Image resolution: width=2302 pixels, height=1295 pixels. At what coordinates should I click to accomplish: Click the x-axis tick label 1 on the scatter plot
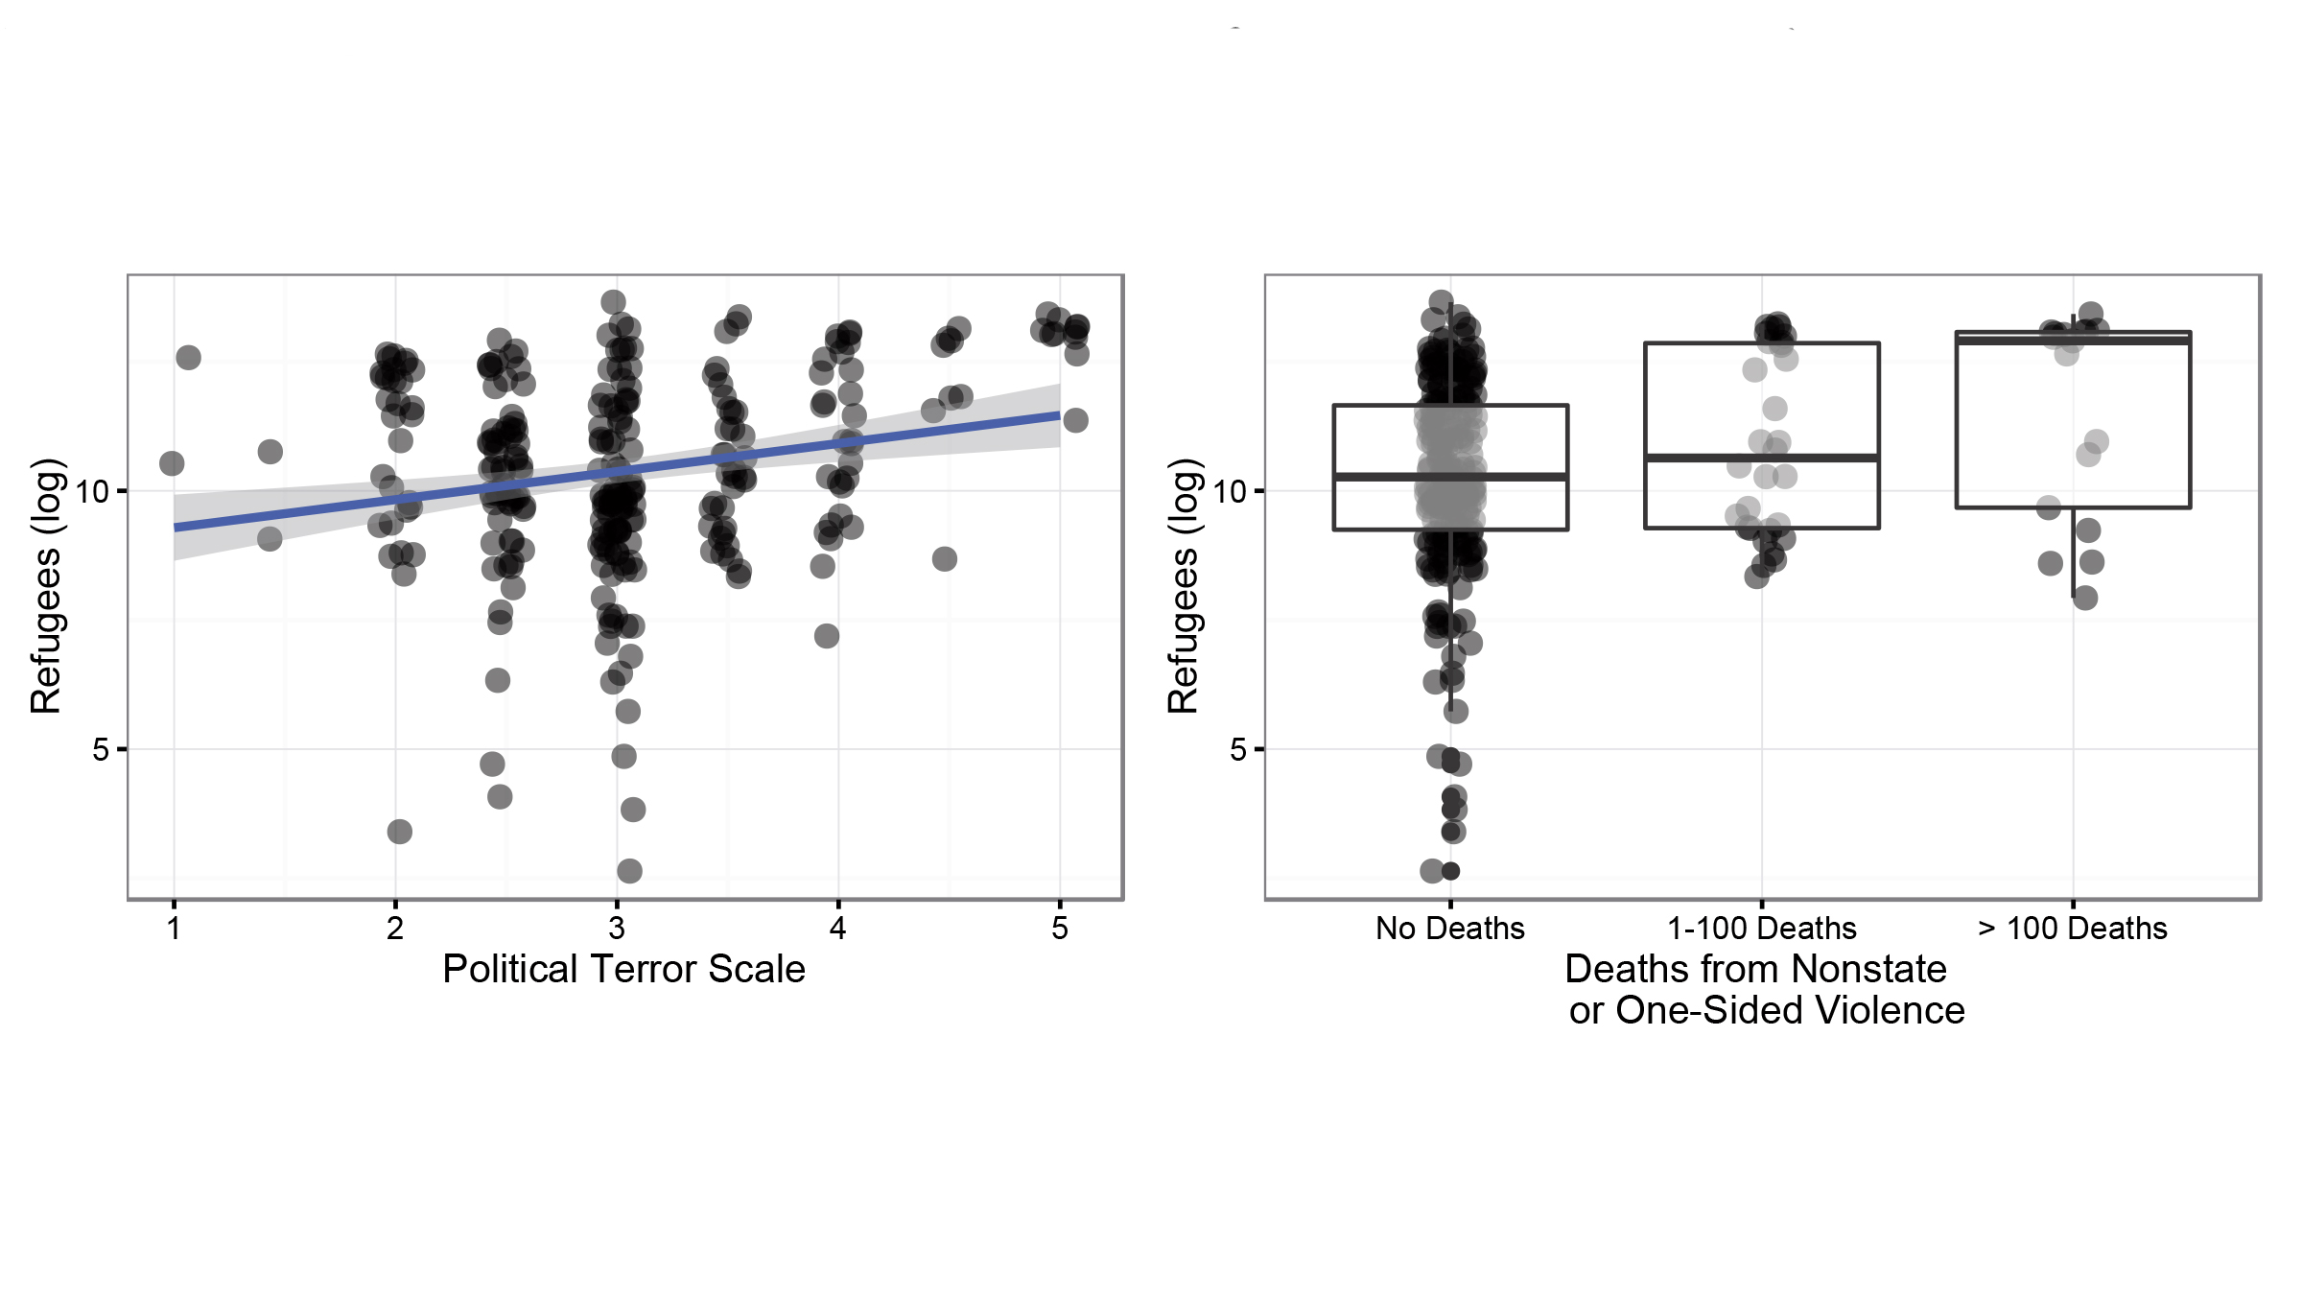(x=174, y=928)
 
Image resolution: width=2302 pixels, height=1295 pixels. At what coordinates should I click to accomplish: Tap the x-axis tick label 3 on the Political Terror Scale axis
(x=617, y=928)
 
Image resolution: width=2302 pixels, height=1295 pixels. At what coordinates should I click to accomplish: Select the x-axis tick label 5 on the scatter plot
(x=1059, y=928)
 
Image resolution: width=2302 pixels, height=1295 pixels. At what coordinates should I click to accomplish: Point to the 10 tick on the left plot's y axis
(x=94, y=492)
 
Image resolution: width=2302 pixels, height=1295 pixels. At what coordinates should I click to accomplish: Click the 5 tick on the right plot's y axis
(x=1238, y=749)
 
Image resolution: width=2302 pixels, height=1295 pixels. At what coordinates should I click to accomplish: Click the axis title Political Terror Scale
(x=623, y=969)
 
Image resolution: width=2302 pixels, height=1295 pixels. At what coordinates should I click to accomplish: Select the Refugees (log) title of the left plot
(x=46, y=586)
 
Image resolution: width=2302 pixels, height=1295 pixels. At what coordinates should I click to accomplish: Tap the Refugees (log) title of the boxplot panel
(x=1184, y=586)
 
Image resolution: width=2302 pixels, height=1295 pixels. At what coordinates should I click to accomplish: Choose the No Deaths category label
(x=1449, y=929)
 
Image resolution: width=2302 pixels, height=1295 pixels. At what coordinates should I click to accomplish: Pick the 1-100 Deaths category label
(x=1762, y=929)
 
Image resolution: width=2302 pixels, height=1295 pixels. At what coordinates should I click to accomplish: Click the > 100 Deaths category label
(x=2073, y=929)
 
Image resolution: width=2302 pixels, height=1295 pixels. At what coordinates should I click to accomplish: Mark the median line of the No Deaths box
(x=1391, y=476)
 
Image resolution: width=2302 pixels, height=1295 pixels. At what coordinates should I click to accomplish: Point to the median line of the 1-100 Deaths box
(x=1707, y=458)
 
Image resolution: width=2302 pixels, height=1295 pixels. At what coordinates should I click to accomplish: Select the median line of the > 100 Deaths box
(x=2014, y=340)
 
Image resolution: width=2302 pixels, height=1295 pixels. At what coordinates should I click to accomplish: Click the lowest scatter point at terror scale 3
(x=629, y=871)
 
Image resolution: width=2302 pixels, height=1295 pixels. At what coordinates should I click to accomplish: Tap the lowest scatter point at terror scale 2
(x=400, y=832)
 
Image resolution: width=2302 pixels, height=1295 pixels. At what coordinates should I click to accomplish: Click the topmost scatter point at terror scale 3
(x=614, y=302)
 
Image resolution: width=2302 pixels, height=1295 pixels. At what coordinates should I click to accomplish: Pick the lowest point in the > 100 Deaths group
(x=2084, y=599)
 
